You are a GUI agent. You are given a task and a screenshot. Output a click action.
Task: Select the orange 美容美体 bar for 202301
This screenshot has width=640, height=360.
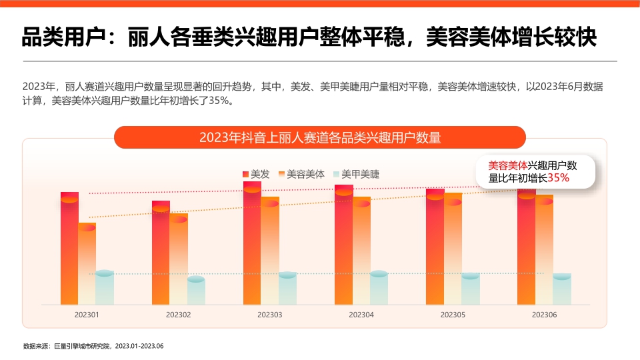(87, 264)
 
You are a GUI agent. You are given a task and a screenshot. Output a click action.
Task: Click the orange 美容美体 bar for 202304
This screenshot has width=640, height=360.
(361, 251)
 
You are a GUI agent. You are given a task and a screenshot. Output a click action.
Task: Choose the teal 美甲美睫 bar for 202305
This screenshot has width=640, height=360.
(471, 289)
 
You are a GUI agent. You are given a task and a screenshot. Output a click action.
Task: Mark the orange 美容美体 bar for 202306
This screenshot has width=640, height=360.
(544, 249)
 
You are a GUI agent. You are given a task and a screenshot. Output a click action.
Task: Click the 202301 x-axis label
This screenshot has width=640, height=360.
(87, 314)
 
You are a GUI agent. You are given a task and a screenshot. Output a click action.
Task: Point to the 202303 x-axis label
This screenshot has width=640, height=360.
(269, 314)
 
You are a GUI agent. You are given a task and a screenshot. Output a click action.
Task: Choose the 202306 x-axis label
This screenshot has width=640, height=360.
(544, 314)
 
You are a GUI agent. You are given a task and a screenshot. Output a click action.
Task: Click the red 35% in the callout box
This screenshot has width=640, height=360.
(558, 178)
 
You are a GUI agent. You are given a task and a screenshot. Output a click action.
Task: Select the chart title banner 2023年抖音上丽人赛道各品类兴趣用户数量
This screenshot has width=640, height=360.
(320, 137)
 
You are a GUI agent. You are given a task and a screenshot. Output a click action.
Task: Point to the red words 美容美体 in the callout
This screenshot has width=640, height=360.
(507, 165)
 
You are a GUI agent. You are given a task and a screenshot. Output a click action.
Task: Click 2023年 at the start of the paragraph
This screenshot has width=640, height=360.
(37, 87)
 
